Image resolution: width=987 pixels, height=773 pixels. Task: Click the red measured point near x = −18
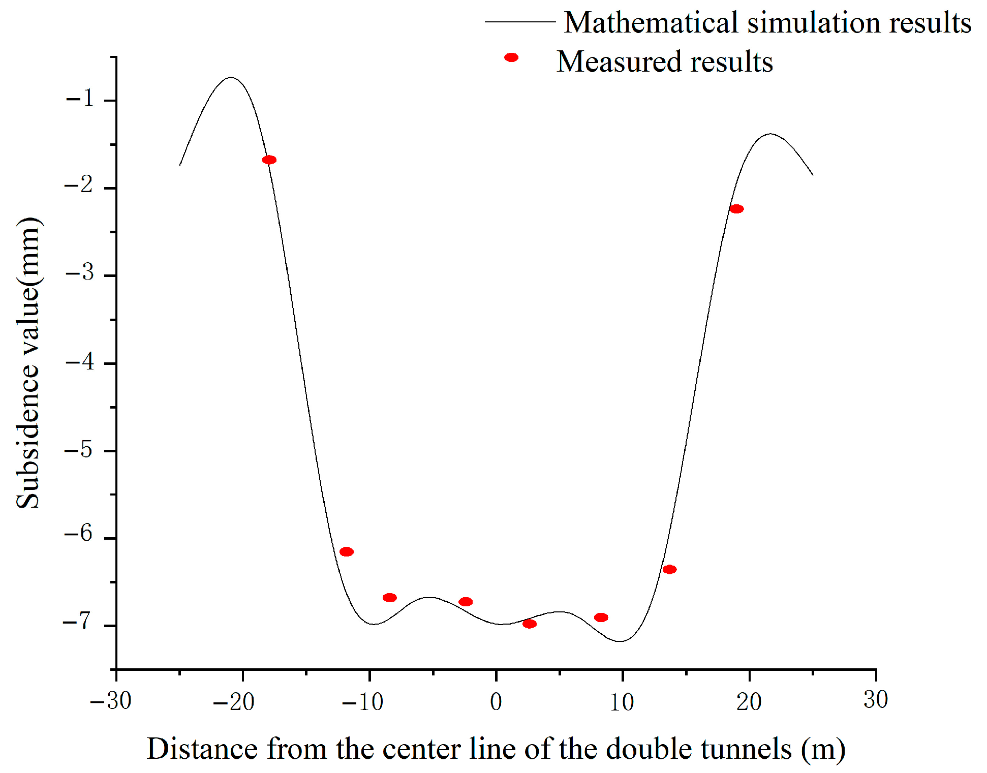pyautogui.click(x=269, y=160)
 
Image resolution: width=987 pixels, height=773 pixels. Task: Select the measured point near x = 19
pyautogui.click(x=736, y=209)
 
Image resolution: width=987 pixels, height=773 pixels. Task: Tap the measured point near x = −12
pyautogui.click(x=347, y=552)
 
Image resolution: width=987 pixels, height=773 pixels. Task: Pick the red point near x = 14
pyautogui.click(x=670, y=569)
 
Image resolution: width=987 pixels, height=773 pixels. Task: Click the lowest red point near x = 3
pyautogui.click(x=530, y=624)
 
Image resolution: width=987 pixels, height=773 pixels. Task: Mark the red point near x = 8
pyautogui.click(x=601, y=617)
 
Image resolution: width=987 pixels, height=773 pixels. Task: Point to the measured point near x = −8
pyautogui.click(x=390, y=598)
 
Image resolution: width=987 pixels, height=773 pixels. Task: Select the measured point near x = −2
pyautogui.click(x=466, y=602)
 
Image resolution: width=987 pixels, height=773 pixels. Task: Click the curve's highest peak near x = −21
pyautogui.click(x=231, y=78)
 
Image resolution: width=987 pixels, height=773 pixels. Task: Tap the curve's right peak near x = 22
pyautogui.click(x=770, y=134)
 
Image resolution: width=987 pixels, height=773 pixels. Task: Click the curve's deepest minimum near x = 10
pyautogui.click(x=621, y=641)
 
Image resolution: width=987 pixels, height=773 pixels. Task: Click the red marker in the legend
pyautogui.click(x=511, y=57)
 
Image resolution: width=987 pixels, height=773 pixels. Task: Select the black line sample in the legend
pyautogui.click(x=519, y=22)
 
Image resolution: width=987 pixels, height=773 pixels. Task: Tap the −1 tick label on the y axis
pyautogui.click(x=81, y=97)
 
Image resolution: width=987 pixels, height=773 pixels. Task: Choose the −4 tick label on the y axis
pyautogui.click(x=80, y=361)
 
